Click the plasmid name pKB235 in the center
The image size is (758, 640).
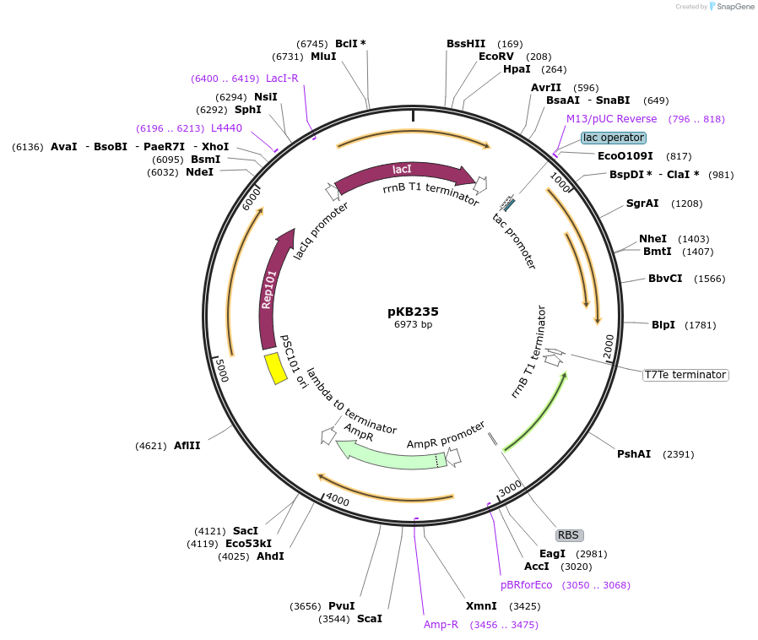413,312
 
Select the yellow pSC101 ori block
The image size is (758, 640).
274,368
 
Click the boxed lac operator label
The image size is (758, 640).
614,138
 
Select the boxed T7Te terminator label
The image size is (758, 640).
685,375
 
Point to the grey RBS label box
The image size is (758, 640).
569,535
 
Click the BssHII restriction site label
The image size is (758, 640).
466,44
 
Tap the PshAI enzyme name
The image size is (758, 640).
634,454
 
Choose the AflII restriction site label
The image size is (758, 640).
187,446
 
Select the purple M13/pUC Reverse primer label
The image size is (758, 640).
611,119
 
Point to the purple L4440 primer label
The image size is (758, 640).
226,128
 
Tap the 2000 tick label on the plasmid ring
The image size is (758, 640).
609,345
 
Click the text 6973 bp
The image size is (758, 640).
413,325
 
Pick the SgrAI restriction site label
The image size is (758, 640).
642,203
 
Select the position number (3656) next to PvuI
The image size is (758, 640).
306,606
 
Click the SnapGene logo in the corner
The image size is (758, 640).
733,7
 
